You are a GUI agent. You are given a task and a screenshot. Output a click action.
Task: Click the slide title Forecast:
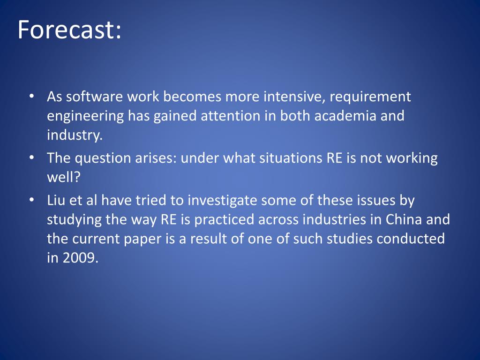[69, 30]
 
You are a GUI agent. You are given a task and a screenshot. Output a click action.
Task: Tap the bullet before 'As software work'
[31, 97]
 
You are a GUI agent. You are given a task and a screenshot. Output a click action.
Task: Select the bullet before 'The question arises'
[31, 158]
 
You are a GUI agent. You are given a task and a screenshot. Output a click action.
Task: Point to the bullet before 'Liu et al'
[31, 201]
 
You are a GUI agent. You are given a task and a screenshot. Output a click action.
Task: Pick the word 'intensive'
[292, 97]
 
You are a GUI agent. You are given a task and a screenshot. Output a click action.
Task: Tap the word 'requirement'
[370, 97]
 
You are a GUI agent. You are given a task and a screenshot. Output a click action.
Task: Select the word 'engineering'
[85, 116]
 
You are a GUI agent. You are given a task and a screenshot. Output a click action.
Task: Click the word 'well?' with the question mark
[64, 178]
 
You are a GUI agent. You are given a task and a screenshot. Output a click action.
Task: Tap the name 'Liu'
[56, 201]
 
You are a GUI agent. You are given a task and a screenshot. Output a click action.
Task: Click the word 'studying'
[77, 219]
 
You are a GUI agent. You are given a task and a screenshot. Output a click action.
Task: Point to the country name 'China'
[404, 219]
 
